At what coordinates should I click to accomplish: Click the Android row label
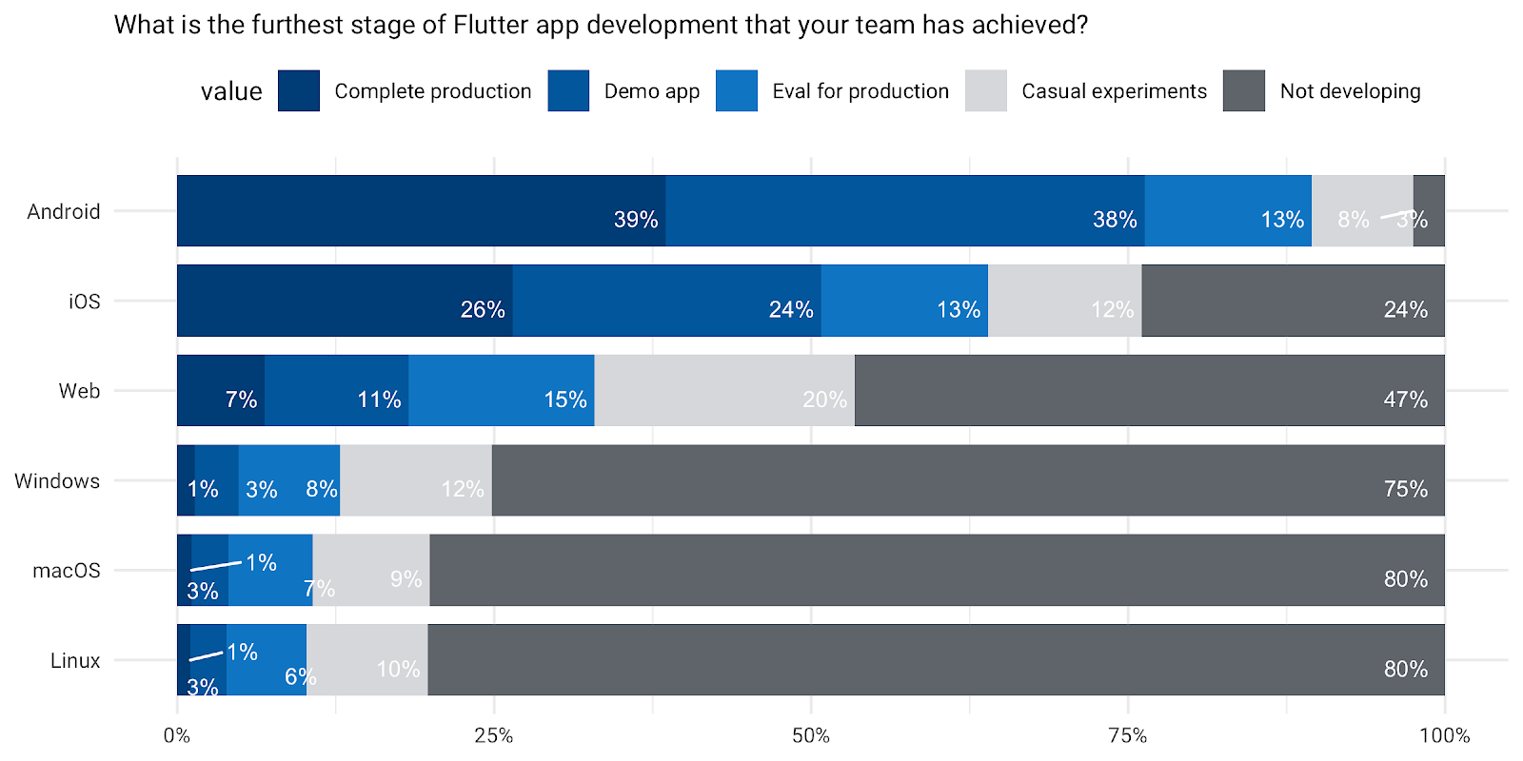click(63, 211)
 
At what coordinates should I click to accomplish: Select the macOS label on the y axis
click(66, 571)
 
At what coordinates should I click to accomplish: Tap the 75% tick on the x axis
click(1127, 735)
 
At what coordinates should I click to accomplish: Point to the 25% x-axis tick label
click(493, 735)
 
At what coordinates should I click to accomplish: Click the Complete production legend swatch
click(298, 91)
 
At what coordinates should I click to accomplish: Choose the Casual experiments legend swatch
click(985, 91)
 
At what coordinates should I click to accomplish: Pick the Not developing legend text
click(1349, 91)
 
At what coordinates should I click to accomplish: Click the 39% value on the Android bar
click(635, 220)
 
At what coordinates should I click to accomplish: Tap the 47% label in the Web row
click(1405, 400)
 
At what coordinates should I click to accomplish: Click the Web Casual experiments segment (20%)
click(723, 390)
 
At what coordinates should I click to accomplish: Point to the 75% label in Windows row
click(1405, 489)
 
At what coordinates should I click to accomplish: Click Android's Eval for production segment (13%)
click(1227, 211)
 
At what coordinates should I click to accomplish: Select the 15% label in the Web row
click(564, 400)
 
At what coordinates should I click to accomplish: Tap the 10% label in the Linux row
click(398, 669)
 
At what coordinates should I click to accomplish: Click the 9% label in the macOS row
click(405, 579)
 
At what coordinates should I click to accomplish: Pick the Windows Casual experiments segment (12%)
click(415, 480)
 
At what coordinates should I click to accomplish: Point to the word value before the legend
click(231, 91)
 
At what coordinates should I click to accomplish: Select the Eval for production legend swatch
click(736, 91)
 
